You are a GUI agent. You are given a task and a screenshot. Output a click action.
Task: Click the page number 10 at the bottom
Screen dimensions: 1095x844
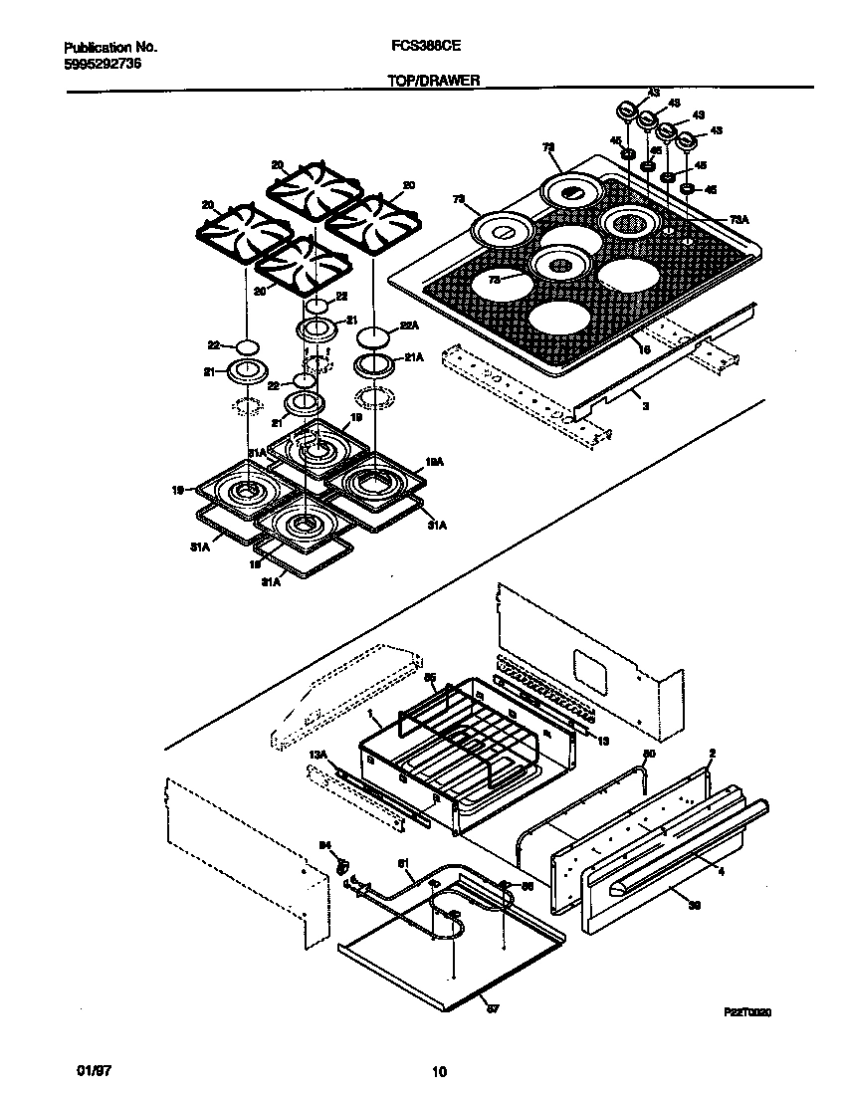(x=438, y=1072)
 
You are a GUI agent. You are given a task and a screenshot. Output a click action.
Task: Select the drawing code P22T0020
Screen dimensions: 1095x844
(x=747, y=1011)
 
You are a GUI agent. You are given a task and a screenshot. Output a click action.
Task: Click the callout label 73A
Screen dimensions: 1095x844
(x=737, y=219)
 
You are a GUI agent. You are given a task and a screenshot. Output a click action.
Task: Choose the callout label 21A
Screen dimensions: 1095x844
(x=413, y=357)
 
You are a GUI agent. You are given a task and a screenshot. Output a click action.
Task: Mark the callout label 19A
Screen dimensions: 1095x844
(x=434, y=462)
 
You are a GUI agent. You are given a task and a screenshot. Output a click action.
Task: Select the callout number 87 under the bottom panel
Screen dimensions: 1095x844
(x=491, y=1008)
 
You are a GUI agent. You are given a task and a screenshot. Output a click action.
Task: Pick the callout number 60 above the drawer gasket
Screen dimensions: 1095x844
(x=649, y=755)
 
